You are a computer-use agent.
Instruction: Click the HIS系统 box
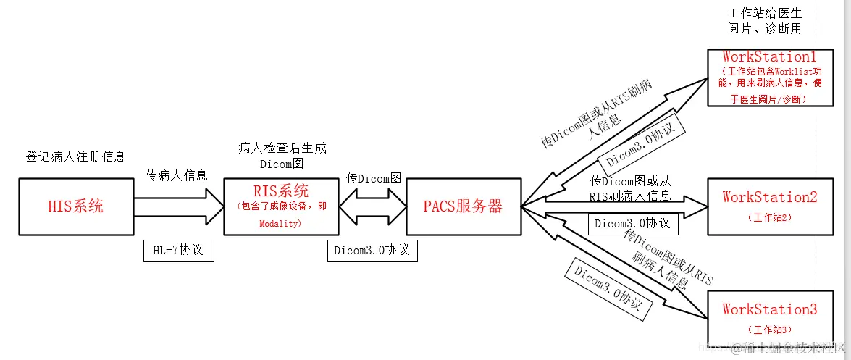point(75,206)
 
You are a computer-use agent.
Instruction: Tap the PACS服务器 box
point(464,206)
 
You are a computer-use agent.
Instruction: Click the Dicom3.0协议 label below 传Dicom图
point(372,250)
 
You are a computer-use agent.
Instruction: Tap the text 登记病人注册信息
point(76,156)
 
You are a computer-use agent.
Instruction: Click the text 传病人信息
point(177,175)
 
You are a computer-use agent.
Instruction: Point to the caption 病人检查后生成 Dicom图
point(282,156)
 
